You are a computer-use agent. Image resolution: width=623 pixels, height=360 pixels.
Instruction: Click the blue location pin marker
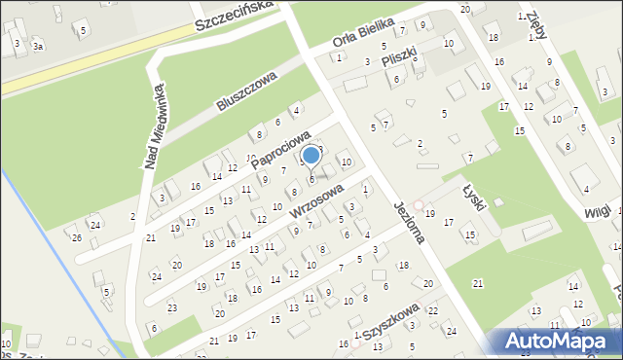311,157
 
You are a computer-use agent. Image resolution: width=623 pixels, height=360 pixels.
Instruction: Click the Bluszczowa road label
247,90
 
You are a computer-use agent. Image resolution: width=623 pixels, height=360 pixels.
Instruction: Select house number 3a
37,46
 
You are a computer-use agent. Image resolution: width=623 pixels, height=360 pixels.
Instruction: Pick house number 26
77,237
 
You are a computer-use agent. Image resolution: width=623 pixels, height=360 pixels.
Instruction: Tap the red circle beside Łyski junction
419,205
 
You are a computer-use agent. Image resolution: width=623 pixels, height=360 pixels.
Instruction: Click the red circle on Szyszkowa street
357,336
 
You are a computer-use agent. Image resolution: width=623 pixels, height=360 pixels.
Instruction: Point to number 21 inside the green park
477,283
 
